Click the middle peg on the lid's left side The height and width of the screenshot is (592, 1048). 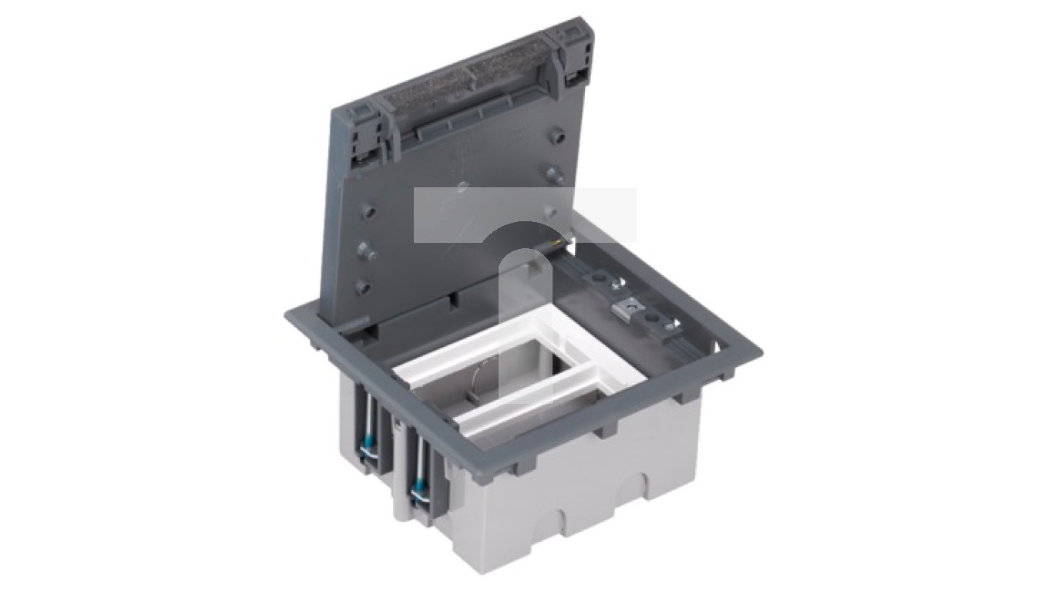[367, 251]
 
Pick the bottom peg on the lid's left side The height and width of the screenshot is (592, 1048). [361, 288]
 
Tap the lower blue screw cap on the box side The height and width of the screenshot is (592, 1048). [419, 489]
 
